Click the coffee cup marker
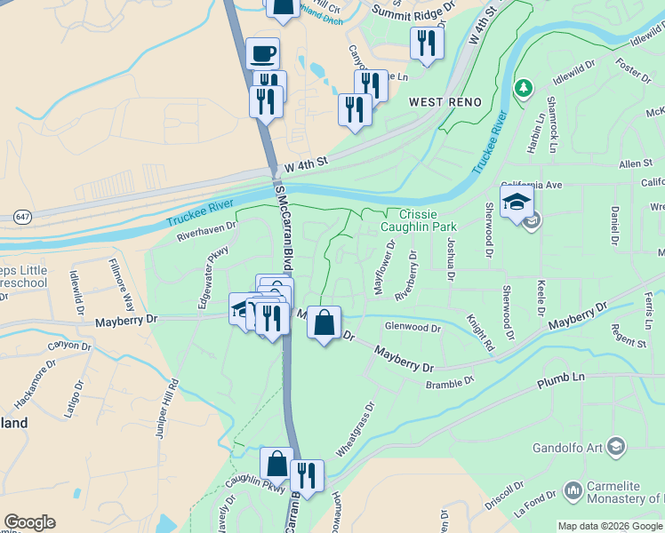(x=262, y=53)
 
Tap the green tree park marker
(x=524, y=87)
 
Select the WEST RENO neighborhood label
(x=445, y=103)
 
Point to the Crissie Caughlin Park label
(x=417, y=220)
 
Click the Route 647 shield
(x=21, y=217)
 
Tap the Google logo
(x=29, y=522)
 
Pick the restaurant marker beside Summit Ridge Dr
(x=427, y=44)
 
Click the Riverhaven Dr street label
(x=207, y=232)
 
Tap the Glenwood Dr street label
(x=412, y=328)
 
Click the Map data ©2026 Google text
(x=610, y=525)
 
